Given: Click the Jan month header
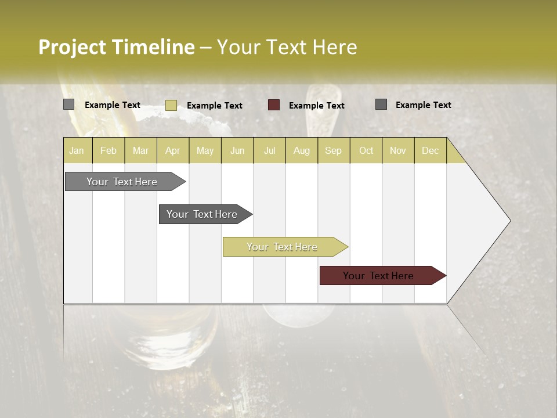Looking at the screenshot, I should coord(77,150).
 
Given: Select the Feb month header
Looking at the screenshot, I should coord(108,150).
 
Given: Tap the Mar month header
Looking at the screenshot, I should coord(140,150).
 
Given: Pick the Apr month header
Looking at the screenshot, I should coord(173,150).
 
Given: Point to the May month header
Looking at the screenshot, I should coord(205,150).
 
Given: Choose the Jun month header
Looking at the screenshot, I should coord(237,150).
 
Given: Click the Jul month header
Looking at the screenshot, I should coord(269,150).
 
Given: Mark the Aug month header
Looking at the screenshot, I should coord(302,150).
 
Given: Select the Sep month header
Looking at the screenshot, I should coord(334,150).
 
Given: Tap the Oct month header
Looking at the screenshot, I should coord(366,150).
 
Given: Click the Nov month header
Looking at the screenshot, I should coord(398,150).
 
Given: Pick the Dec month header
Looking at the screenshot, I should coord(430,150).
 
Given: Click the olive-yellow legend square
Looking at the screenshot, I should coord(171,105).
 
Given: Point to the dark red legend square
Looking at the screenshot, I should coord(274,105).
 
